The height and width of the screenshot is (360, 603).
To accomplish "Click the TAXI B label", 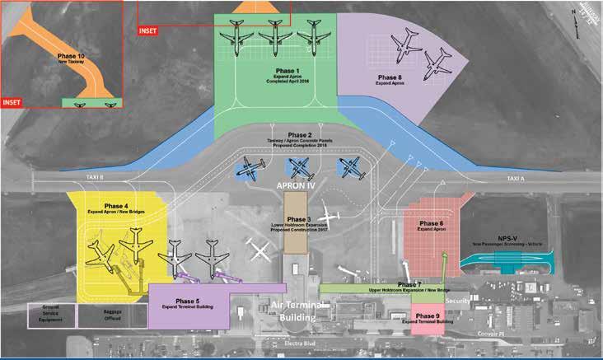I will (98, 176).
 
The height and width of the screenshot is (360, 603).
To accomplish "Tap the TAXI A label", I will (516, 178).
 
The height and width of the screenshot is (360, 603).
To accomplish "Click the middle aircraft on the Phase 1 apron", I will (273, 35).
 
